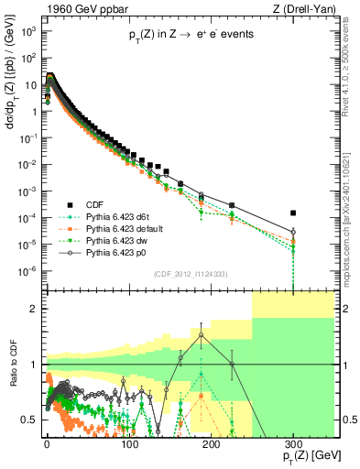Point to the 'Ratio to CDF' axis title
12,376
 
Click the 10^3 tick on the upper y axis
30,30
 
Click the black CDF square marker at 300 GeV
293,213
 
